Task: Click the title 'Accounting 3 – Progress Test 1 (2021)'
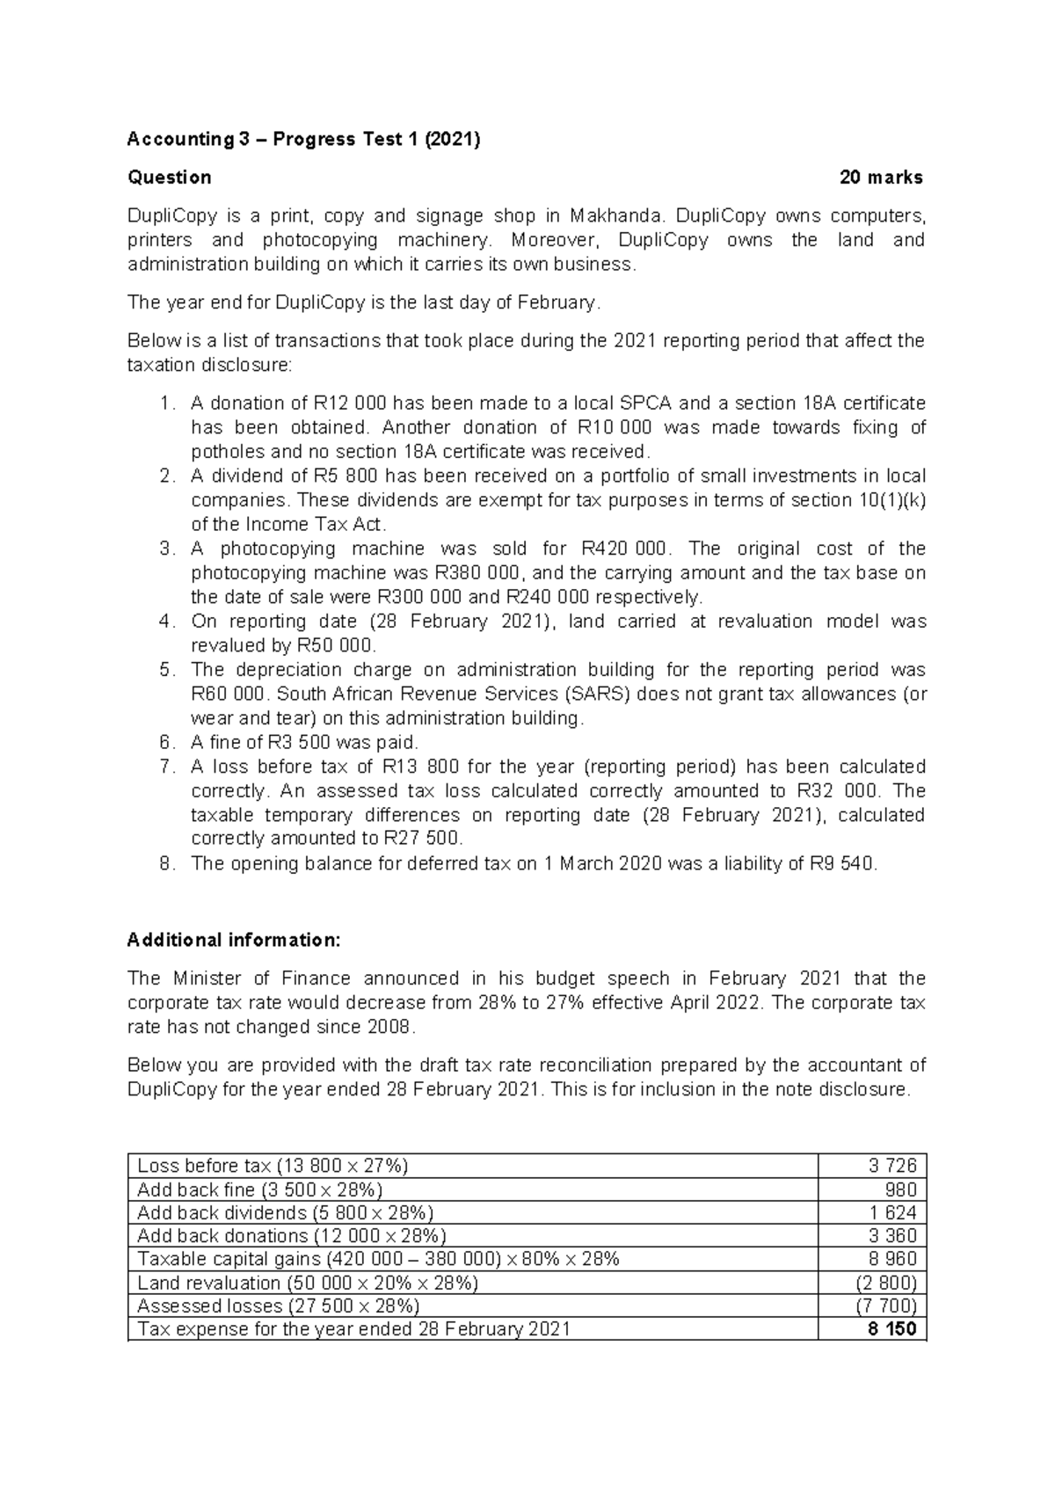click(303, 139)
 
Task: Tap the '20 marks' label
click(880, 178)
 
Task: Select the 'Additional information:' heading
click(233, 940)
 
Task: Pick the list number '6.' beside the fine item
click(168, 742)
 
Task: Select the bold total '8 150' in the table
click(891, 1329)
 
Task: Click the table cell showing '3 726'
click(892, 1166)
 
